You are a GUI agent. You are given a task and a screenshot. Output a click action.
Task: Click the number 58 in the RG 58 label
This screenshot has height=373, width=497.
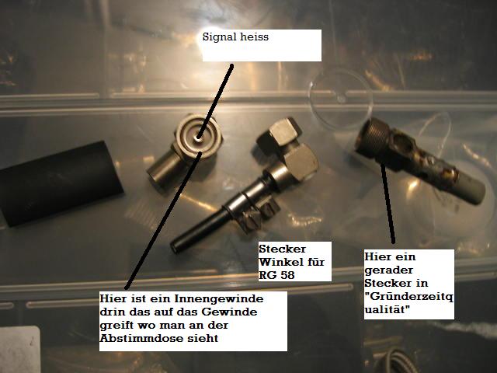click(287, 275)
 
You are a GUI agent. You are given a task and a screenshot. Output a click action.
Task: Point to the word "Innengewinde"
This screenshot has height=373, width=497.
click(219, 298)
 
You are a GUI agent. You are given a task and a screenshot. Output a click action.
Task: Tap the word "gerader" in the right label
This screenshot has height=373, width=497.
click(388, 270)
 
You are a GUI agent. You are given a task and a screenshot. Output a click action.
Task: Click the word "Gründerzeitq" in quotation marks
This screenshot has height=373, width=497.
click(409, 297)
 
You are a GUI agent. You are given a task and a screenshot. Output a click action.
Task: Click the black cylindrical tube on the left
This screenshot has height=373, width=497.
click(61, 183)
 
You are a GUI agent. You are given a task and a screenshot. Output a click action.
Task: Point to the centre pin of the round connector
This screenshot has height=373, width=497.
click(199, 138)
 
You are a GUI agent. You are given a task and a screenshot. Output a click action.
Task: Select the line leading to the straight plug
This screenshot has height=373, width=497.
click(388, 203)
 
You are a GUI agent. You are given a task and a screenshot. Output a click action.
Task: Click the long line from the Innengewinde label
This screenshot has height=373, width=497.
click(163, 221)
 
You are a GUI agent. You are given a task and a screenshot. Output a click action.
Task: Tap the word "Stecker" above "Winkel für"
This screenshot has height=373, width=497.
click(282, 249)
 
